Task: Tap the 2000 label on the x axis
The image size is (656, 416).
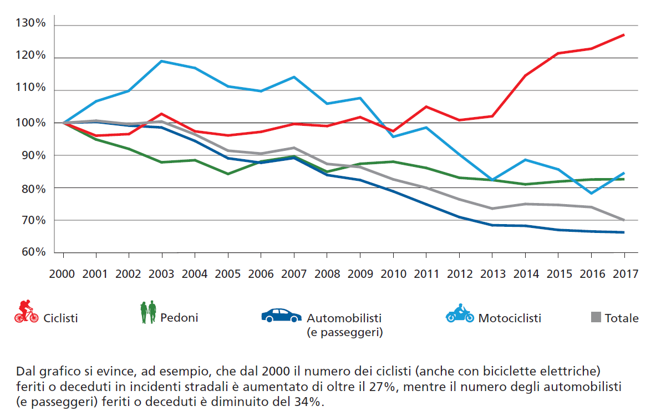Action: pyautogui.click(x=63, y=273)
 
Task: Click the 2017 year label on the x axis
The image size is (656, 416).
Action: pyautogui.click(x=624, y=273)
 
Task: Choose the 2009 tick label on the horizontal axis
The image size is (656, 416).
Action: pyautogui.click(x=360, y=273)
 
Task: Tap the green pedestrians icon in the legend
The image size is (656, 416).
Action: pyautogui.click(x=148, y=312)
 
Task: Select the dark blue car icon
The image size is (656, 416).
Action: pyautogui.click(x=281, y=314)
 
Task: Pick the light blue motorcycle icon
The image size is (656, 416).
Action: pyautogui.click(x=460, y=313)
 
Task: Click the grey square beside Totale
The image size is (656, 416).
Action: pyautogui.click(x=596, y=317)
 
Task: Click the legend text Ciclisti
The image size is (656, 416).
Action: pyautogui.click(x=60, y=318)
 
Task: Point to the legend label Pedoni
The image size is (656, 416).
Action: pyautogui.click(x=179, y=318)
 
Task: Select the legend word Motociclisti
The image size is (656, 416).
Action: pyautogui.click(x=510, y=318)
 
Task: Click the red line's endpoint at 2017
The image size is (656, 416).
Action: pyautogui.click(x=624, y=34)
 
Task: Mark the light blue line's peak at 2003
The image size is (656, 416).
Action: pyautogui.click(x=162, y=61)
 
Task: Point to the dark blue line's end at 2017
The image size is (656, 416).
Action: pyautogui.click(x=624, y=232)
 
